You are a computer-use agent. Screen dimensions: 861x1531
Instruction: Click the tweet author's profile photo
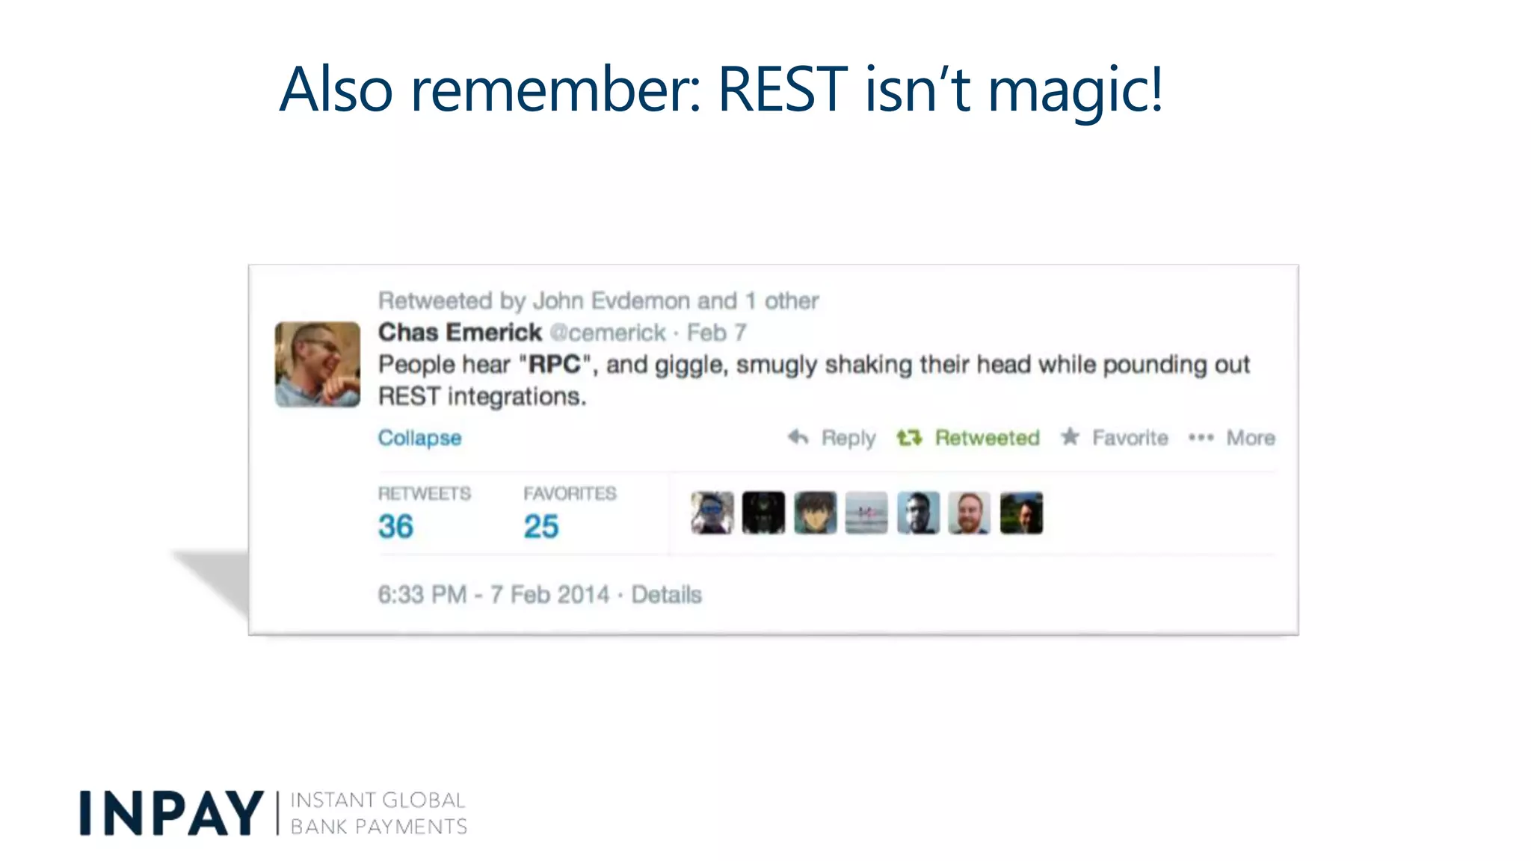[318, 364]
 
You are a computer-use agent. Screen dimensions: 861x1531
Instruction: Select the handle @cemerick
[607, 333]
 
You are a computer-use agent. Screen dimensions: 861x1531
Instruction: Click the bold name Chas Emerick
[460, 333]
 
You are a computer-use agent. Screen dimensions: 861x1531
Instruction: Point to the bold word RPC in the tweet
[554, 365]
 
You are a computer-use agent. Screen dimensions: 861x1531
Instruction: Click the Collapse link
[419, 438]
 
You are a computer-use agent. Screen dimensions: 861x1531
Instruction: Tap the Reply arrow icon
[798, 437]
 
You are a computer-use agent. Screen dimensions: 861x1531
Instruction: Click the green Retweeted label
[987, 438]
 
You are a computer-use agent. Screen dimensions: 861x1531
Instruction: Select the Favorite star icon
[1071, 436]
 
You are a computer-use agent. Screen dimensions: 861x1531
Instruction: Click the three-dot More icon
[1201, 438]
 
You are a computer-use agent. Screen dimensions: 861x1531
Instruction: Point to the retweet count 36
[395, 527]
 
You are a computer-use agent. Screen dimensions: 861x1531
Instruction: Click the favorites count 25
[541, 527]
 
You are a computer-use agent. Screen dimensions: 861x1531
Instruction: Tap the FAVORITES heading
[570, 494]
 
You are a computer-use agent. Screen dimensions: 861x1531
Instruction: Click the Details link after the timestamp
[666, 595]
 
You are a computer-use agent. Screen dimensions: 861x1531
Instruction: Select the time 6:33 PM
[422, 595]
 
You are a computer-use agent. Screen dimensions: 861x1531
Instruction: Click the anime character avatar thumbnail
[815, 513]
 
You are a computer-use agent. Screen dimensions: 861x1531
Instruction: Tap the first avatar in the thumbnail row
[712, 513]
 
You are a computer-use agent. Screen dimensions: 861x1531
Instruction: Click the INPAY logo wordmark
[171, 813]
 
